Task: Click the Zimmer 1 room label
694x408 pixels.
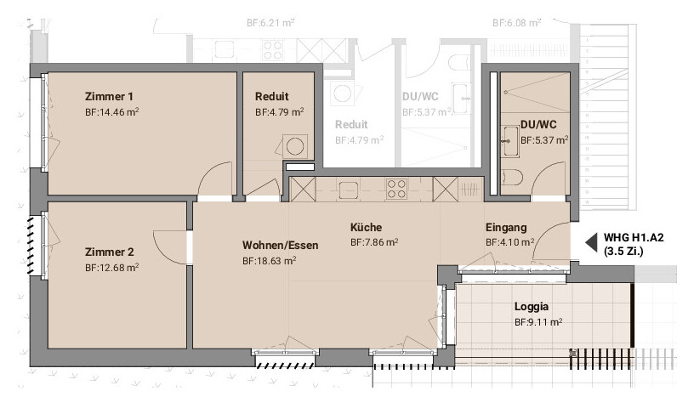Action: point(109,96)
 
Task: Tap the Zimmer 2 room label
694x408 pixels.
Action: point(110,252)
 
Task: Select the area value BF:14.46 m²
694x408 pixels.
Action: point(112,112)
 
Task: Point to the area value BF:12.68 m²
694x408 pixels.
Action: point(112,268)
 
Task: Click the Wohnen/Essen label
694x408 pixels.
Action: point(280,245)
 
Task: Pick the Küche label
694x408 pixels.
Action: point(366,228)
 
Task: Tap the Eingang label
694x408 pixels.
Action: point(506,228)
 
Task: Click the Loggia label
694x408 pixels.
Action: point(531,306)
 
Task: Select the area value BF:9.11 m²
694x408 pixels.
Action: point(538,322)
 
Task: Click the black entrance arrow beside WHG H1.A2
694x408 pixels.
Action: point(591,242)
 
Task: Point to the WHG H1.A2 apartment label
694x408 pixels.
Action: point(634,238)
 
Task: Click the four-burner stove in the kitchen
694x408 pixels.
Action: point(396,189)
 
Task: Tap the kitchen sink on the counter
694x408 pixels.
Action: point(349,190)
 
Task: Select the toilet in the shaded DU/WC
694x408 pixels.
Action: point(513,178)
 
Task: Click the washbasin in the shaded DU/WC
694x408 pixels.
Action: point(510,141)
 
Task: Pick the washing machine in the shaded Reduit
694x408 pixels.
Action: point(295,146)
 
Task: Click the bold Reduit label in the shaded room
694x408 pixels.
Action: point(272,96)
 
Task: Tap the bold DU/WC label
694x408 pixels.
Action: point(538,125)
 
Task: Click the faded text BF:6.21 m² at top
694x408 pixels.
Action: point(270,23)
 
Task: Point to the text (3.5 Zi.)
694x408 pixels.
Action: point(623,252)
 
